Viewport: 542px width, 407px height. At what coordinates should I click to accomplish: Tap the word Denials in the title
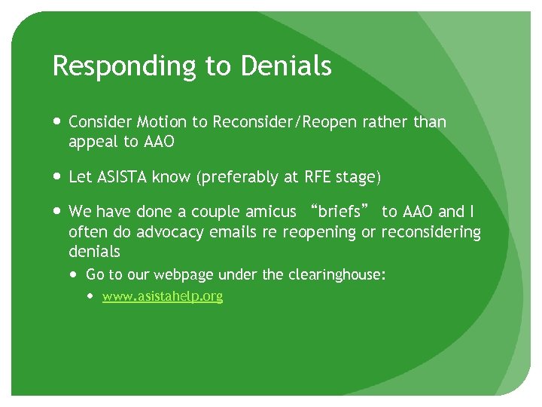(286, 66)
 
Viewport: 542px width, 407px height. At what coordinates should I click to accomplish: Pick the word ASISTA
(121, 177)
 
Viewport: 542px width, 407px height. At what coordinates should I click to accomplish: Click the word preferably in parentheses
(244, 178)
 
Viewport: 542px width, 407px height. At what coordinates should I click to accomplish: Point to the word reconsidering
(431, 232)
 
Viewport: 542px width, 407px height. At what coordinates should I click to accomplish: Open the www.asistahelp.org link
(163, 296)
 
